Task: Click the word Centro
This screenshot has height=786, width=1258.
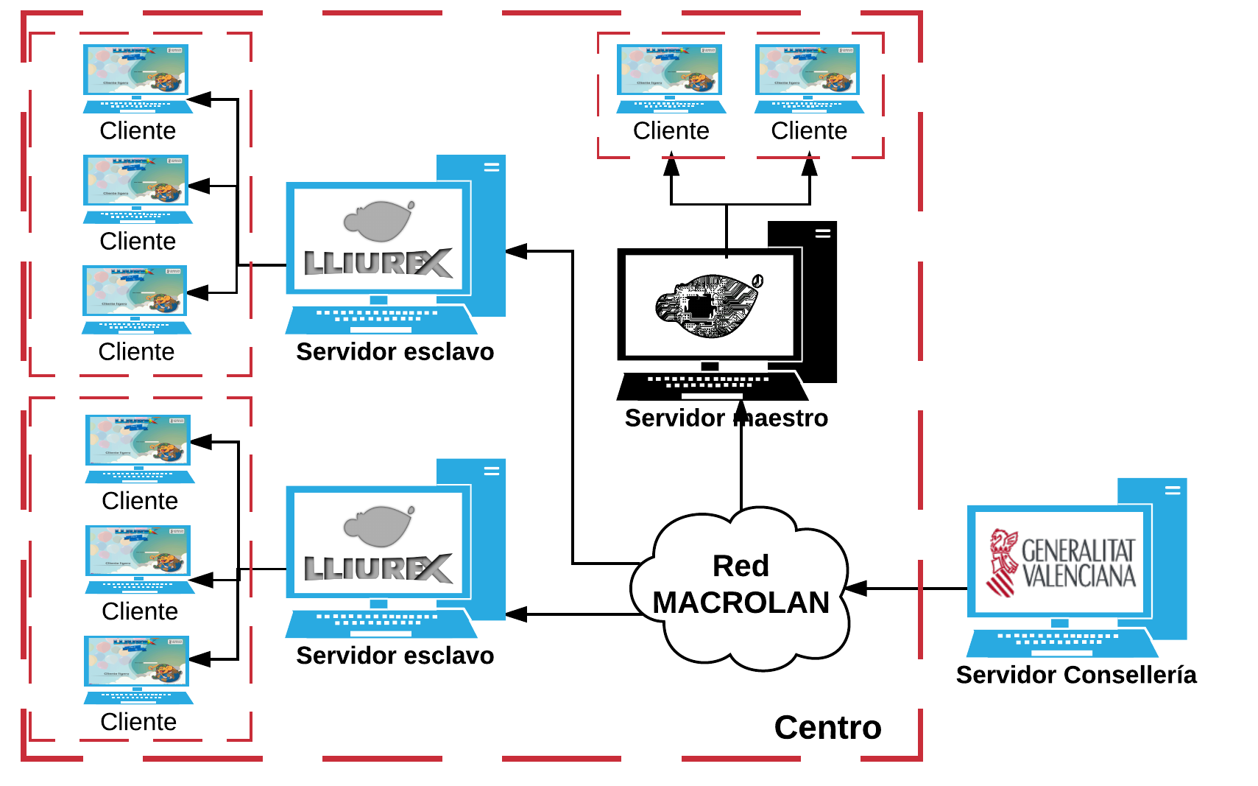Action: point(827,728)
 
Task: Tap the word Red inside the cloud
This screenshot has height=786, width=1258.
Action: point(741,566)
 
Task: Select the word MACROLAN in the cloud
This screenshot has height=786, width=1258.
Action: point(741,603)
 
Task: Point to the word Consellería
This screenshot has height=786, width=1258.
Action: point(1130,675)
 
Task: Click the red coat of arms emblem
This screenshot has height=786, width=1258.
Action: point(1002,562)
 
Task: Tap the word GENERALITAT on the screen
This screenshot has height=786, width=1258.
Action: point(1078,550)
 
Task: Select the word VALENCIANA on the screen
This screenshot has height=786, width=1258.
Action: point(1079,576)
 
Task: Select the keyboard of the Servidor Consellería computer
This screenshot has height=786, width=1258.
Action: point(1060,642)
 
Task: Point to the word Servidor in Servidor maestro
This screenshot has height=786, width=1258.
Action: point(674,418)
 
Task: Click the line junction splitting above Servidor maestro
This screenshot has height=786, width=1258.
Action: point(727,204)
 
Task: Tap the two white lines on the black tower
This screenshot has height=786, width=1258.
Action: point(822,234)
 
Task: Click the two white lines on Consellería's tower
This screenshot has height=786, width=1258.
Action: point(1173,490)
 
